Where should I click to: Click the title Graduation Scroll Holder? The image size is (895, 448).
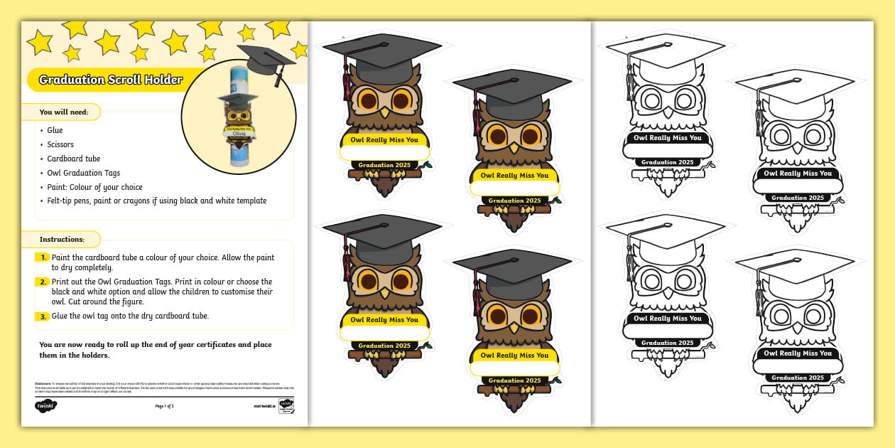(x=110, y=80)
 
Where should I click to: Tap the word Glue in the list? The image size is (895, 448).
(x=55, y=130)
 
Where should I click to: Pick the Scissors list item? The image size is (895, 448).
(x=60, y=144)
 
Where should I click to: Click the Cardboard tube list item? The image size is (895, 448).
(x=73, y=159)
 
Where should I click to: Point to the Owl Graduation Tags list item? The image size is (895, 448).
(x=83, y=173)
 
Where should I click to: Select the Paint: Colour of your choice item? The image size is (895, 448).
(x=94, y=187)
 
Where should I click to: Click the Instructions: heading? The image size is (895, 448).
(x=62, y=240)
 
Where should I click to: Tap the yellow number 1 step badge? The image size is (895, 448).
(x=44, y=257)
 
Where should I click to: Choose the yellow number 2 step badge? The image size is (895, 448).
(x=44, y=282)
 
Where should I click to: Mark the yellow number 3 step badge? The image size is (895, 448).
(x=44, y=316)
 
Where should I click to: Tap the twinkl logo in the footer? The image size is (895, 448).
(x=45, y=406)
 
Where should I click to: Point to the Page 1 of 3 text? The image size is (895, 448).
(x=164, y=406)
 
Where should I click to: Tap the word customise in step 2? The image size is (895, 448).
(x=241, y=292)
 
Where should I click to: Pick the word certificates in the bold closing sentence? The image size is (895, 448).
(x=215, y=345)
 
